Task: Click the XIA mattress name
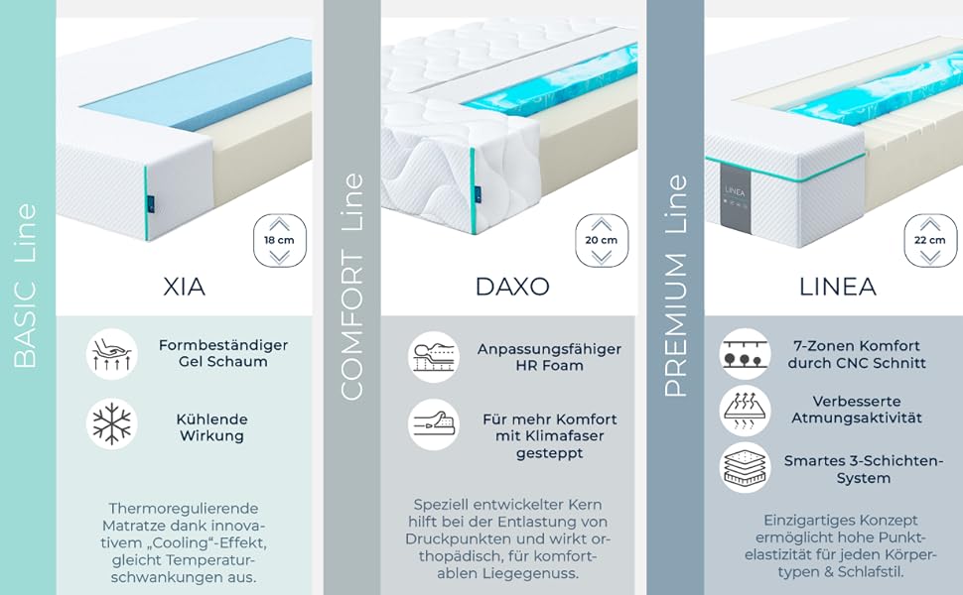[184, 288]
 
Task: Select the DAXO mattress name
[511, 288]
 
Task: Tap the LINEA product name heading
[837, 288]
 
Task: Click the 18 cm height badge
[279, 240]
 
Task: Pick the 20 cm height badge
[602, 240]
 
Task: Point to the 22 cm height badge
[929, 240]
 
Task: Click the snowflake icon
[112, 424]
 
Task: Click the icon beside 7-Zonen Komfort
[745, 354]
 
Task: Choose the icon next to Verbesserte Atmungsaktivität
[745, 410]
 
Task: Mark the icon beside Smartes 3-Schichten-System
[745, 467]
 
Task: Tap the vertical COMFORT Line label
[352, 288]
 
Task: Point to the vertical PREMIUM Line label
[676, 288]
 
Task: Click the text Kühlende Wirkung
[211, 427]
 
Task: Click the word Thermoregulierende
[184, 507]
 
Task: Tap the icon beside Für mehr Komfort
[434, 424]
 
